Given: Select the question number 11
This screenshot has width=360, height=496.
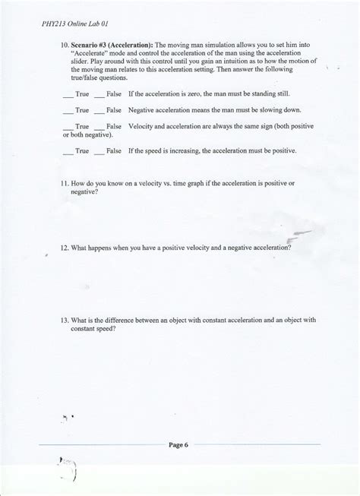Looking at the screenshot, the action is click(64, 185).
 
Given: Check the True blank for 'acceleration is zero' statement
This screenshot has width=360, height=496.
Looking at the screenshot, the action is click(68, 94).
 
